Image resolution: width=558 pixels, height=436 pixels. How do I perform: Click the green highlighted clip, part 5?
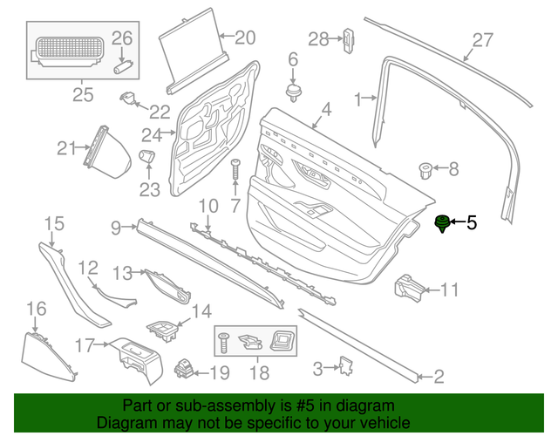click(x=442, y=224)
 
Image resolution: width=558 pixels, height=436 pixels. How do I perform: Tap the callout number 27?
click(x=483, y=39)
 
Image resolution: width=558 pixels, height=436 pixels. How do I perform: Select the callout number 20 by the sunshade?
click(x=245, y=37)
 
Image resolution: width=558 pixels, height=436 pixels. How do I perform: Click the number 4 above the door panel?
click(x=326, y=110)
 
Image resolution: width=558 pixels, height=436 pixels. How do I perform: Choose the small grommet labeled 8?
click(x=426, y=168)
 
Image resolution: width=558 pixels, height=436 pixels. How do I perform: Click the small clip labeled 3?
click(x=344, y=367)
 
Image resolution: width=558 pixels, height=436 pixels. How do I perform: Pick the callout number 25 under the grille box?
click(x=82, y=95)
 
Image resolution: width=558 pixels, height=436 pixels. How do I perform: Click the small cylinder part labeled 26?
click(x=123, y=63)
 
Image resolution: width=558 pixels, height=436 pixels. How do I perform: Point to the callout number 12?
click(x=89, y=268)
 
